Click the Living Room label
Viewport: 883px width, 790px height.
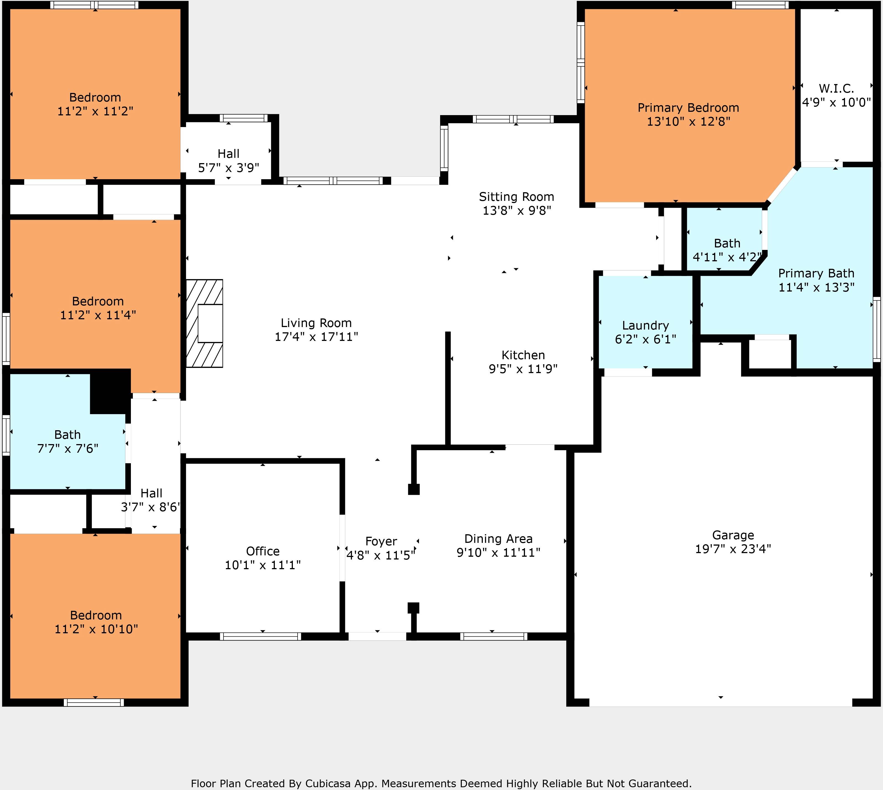click(316, 323)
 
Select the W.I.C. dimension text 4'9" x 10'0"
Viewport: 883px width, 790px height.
click(836, 102)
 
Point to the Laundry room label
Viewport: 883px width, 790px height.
click(645, 326)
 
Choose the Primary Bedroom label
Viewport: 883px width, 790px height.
click(688, 108)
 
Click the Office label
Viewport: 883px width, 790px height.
click(263, 551)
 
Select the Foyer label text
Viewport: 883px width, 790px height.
click(381, 541)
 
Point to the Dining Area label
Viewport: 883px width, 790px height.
click(498, 539)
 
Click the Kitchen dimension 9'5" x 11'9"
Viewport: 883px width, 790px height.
click(523, 369)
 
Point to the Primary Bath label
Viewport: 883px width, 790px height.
click(816, 274)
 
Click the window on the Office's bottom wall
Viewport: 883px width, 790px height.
click(260, 636)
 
